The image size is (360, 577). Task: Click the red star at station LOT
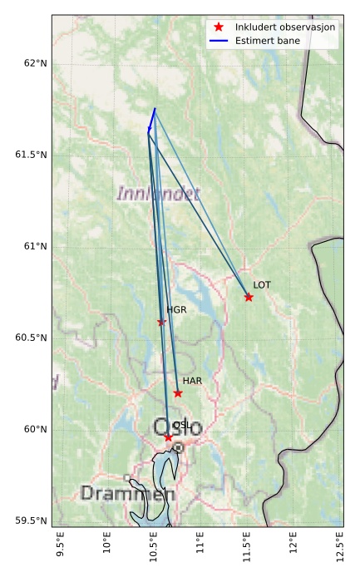pyautogui.click(x=249, y=297)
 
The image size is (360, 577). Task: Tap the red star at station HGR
pyautogui.click(x=161, y=322)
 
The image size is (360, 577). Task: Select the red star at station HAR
pyautogui.click(x=178, y=393)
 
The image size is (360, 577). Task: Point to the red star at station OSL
pyautogui.click(x=168, y=437)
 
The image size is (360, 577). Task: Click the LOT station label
pyautogui.click(x=262, y=285)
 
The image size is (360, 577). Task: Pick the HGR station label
pyautogui.click(x=176, y=310)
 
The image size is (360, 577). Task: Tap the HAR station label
pyautogui.click(x=192, y=381)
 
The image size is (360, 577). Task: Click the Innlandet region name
pyautogui.click(x=158, y=195)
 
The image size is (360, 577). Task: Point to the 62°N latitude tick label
pyautogui.click(x=35, y=63)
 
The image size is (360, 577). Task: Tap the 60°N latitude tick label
pyautogui.click(x=35, y=429)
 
